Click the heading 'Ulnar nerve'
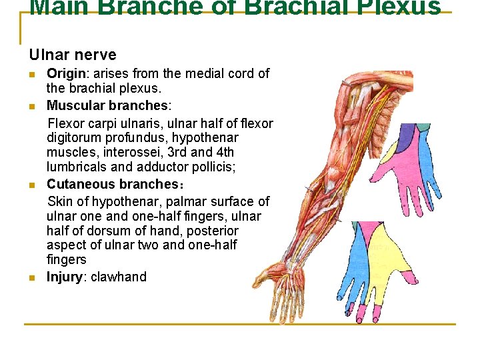73,55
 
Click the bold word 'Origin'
66,73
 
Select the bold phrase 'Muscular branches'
107,105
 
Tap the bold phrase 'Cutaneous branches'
109,185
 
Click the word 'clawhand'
119,277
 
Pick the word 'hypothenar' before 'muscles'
206,138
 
